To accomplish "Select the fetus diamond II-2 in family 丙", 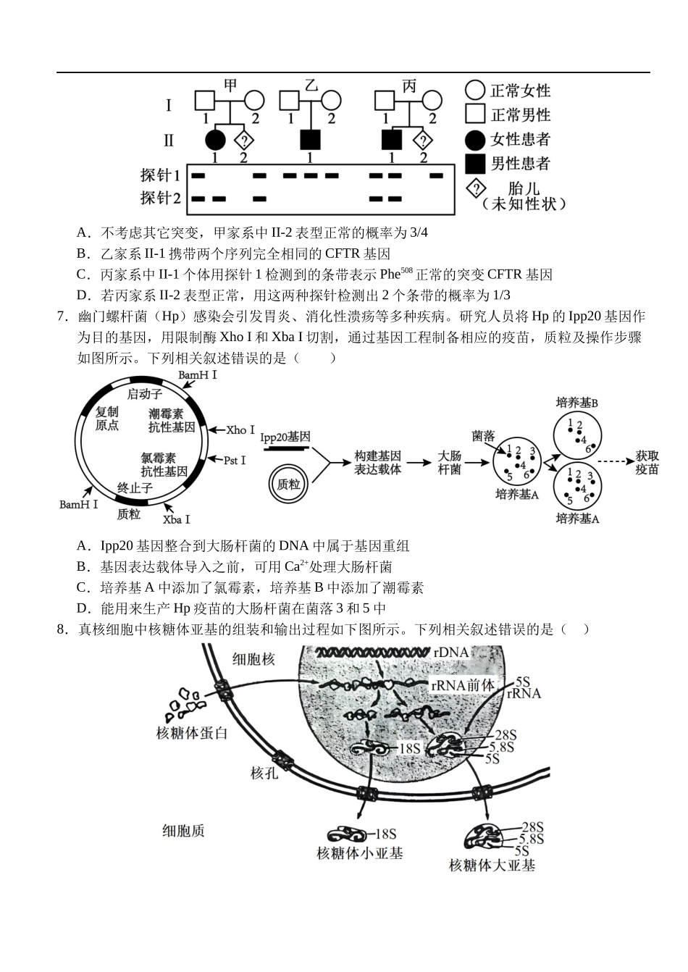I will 423,140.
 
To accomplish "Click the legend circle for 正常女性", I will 475,90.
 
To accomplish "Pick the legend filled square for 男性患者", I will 475,163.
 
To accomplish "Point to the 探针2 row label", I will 161,198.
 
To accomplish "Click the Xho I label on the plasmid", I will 240,430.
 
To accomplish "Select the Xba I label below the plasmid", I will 177,519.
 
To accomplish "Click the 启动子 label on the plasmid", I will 145,394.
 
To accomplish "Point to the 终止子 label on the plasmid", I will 135,488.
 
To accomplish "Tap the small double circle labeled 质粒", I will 289,484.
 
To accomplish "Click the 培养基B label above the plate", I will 577,402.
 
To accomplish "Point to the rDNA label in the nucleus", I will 451,653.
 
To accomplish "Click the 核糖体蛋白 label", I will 192,732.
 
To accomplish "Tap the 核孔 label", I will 264,773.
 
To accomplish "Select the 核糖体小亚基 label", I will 360,853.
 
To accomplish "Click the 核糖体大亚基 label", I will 492,866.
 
